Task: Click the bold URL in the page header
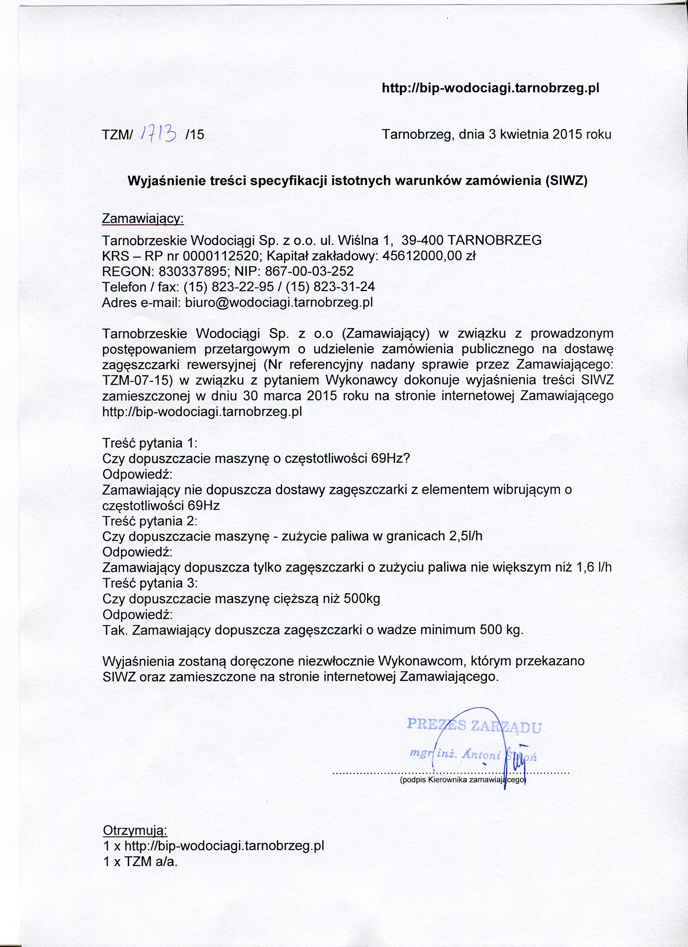click(491, 89)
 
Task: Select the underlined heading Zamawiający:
click(143, 219)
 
